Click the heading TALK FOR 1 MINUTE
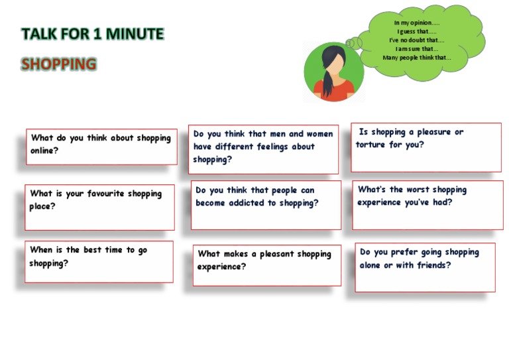point(92,34)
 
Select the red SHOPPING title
point(59,64)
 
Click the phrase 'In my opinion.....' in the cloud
point(416,23)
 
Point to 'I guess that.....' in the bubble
point(416,31)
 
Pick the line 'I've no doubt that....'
point(416,40)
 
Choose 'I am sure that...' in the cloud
point(416,48)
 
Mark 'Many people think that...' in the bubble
point(416,57)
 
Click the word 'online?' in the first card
point(44,150)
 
